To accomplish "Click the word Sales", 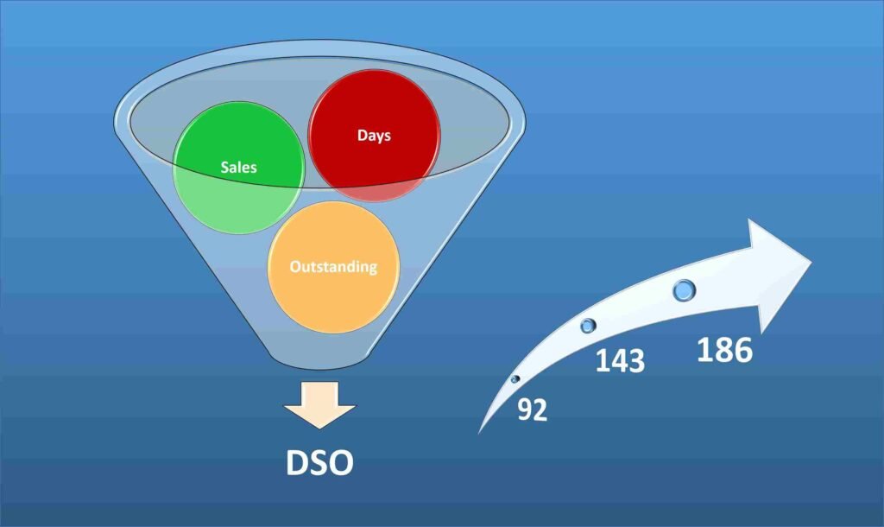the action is [238, 168].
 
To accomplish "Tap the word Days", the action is [375, 136].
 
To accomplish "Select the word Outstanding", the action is [333, 266].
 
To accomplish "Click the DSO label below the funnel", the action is [319, 462].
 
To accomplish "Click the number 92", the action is [533, 410].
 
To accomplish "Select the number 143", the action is [620, 359].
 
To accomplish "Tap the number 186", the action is [724, 351].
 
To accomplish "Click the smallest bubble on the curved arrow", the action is [515, 379].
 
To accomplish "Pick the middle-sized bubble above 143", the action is [589, 326].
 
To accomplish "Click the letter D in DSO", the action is [298, 462].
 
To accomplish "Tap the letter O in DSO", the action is [342, 462].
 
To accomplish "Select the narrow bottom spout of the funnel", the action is [320, 354].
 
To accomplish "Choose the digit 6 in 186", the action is [742, 351].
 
